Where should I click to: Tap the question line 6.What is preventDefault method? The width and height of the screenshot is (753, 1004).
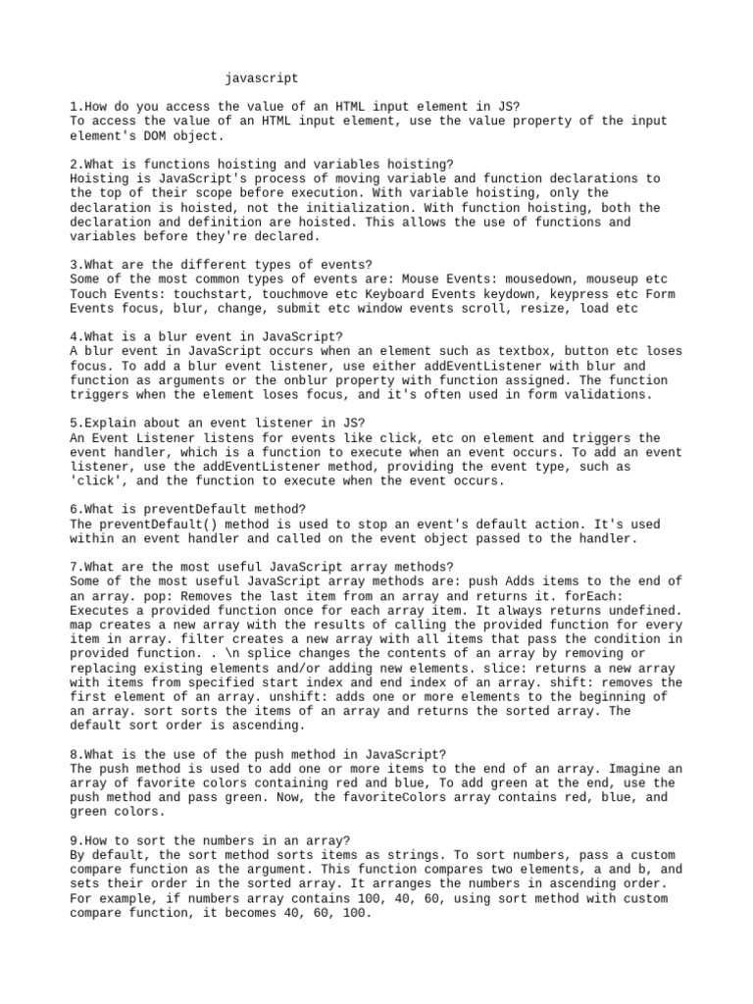tap(188, 510)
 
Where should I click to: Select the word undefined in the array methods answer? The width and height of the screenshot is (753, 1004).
tap(642, 611)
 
